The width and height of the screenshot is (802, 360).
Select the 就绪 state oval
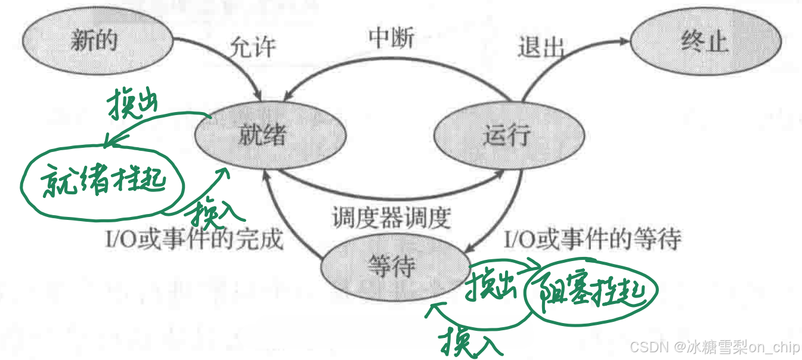(270, 135)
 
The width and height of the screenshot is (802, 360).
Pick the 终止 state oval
(705, 42)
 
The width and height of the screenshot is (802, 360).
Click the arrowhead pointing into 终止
(624, 42)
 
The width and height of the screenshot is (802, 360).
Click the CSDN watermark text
(713, 347)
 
